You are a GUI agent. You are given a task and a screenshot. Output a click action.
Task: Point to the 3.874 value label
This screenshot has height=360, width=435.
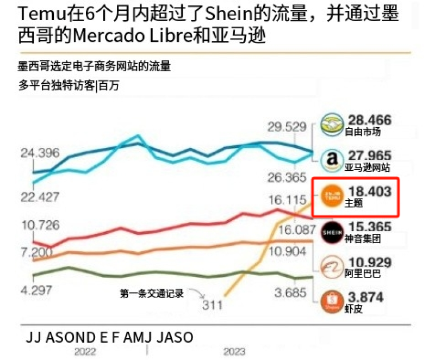[x=365, y=297]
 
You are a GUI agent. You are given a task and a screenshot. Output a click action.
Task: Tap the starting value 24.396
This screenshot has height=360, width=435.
[x=40, y=153]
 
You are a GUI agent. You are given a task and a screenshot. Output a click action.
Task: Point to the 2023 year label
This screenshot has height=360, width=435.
[x=234, y=351]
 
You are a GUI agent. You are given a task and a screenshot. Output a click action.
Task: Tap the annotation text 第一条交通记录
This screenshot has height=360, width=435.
[x=152, y=293]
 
